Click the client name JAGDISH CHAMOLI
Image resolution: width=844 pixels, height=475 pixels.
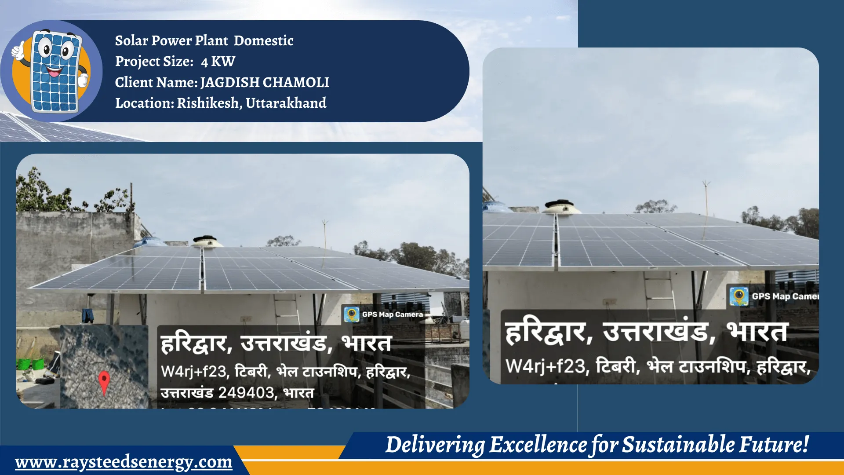coord(264,82)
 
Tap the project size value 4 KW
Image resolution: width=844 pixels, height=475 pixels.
coord(218,62)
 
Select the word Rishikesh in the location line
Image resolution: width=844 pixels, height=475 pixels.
coord(208,103)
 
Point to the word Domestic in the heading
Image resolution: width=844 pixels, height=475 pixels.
coord(263,40)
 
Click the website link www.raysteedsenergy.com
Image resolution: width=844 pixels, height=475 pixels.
coord(124,462)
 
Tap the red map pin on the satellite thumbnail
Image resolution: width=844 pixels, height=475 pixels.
coord(104,380)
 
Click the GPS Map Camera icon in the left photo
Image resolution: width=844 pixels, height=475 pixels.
coord(351,314)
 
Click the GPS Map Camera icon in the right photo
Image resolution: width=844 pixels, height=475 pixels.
coord(739,296)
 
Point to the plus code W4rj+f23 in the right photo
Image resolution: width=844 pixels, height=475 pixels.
coord(545,366)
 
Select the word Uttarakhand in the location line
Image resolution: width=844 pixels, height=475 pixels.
coord(286,103)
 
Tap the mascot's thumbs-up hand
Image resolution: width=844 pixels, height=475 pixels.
coord(18,51)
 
